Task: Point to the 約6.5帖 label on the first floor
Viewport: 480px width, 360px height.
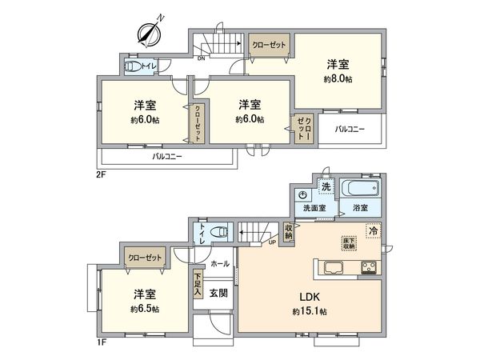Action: (145, 308)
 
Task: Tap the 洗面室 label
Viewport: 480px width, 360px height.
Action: (314, 208)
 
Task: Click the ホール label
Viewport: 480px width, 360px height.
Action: (220, 263)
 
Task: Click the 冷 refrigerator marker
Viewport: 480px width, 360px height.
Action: (373, 230)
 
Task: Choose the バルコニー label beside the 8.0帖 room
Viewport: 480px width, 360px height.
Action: (350, 127)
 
